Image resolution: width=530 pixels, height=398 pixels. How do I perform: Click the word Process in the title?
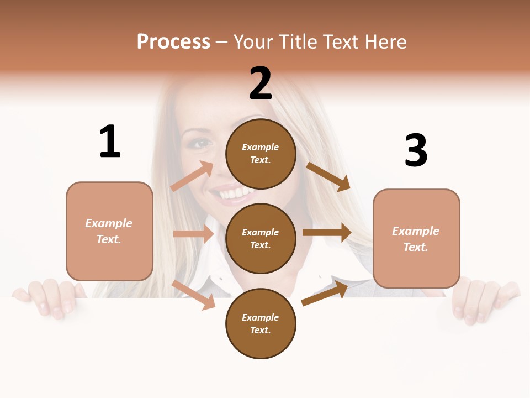click(173, 42)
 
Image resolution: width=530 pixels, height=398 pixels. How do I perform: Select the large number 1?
click(110, 142)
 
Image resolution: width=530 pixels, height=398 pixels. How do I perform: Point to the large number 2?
click(261, 83)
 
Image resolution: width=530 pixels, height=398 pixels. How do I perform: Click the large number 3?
click(416, 150)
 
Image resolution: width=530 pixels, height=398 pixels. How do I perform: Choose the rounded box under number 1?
click(109, 231)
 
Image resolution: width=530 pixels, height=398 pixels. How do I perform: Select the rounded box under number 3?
click(416, 238)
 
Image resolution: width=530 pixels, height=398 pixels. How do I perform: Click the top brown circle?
click(261, 154)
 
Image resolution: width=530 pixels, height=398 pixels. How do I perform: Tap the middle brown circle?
click(261, 238)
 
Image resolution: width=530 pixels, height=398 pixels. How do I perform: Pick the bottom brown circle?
click(261, 323)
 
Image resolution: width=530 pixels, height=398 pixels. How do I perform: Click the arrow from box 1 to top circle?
click(192, 176)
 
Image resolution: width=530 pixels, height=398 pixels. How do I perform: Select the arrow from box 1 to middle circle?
click(193, 234)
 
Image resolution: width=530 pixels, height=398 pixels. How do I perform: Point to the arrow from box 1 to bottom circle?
click(194, 295)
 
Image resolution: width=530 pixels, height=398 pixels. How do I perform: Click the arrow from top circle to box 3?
click(328, 176)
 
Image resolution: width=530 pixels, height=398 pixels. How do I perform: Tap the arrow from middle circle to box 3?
click(327, 232)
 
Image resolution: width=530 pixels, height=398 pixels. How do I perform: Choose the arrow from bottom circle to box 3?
click(325, 294)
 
